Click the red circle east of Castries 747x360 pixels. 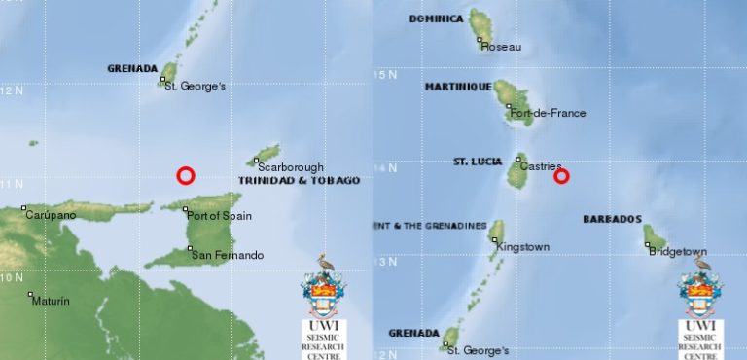pos(561,176)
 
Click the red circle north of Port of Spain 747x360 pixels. pos(186,175)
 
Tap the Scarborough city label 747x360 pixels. pos(291,167)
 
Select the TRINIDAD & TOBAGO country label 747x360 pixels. pos(299,181)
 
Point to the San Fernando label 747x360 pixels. pos(227,255)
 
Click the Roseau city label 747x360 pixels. pos(502,46)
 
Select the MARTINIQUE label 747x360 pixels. pos(456,87)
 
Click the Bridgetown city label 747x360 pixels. pos(678,252)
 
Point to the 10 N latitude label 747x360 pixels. pos(12,277)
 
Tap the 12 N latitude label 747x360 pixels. pos(12,90)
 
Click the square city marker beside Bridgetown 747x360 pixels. pos(647,245)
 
